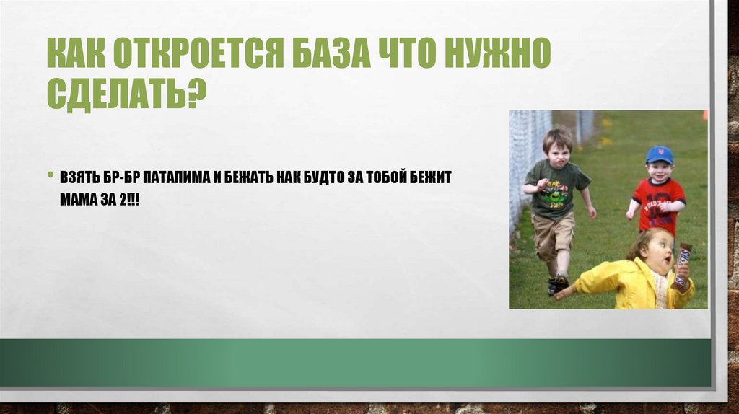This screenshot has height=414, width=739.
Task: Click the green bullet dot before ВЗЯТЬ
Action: pos(51,175)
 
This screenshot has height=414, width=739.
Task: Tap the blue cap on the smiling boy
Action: pos(659,154)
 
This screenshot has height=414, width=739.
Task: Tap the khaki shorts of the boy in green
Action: pos(553,235)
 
